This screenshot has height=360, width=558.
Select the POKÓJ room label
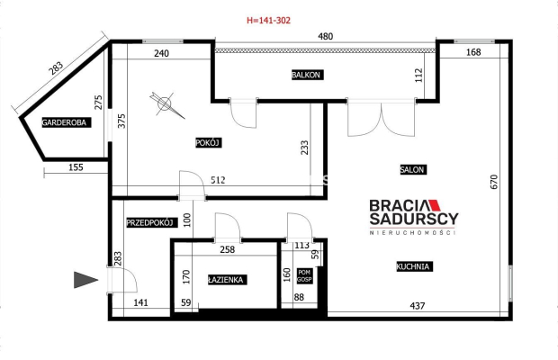tap(209, 143)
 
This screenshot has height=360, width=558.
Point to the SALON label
tap(413, 170)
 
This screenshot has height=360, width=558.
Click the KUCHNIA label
tap(415, 266)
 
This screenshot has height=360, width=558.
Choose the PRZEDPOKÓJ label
tap(152, 223)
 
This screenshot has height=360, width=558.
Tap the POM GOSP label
tap(304, 276)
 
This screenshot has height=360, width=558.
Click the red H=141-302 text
tap(269, 21)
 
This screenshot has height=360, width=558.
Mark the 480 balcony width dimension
tap(325, 36)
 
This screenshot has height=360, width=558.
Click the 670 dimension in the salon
tap(494, 182)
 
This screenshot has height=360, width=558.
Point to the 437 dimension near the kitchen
tap(418, 306)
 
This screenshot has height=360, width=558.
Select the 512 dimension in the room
tap(218, 180)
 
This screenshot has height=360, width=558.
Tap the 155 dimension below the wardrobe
tap(76, 167)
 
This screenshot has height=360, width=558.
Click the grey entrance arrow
tap(85, 280)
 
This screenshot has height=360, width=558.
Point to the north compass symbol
tap(166, 104)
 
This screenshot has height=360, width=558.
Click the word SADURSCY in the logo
tap(414, 219)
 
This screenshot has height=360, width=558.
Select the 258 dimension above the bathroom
tap(228, 249)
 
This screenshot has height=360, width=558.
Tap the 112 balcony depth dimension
tap(418, 76)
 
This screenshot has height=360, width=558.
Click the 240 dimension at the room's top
tap(162, 53)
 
